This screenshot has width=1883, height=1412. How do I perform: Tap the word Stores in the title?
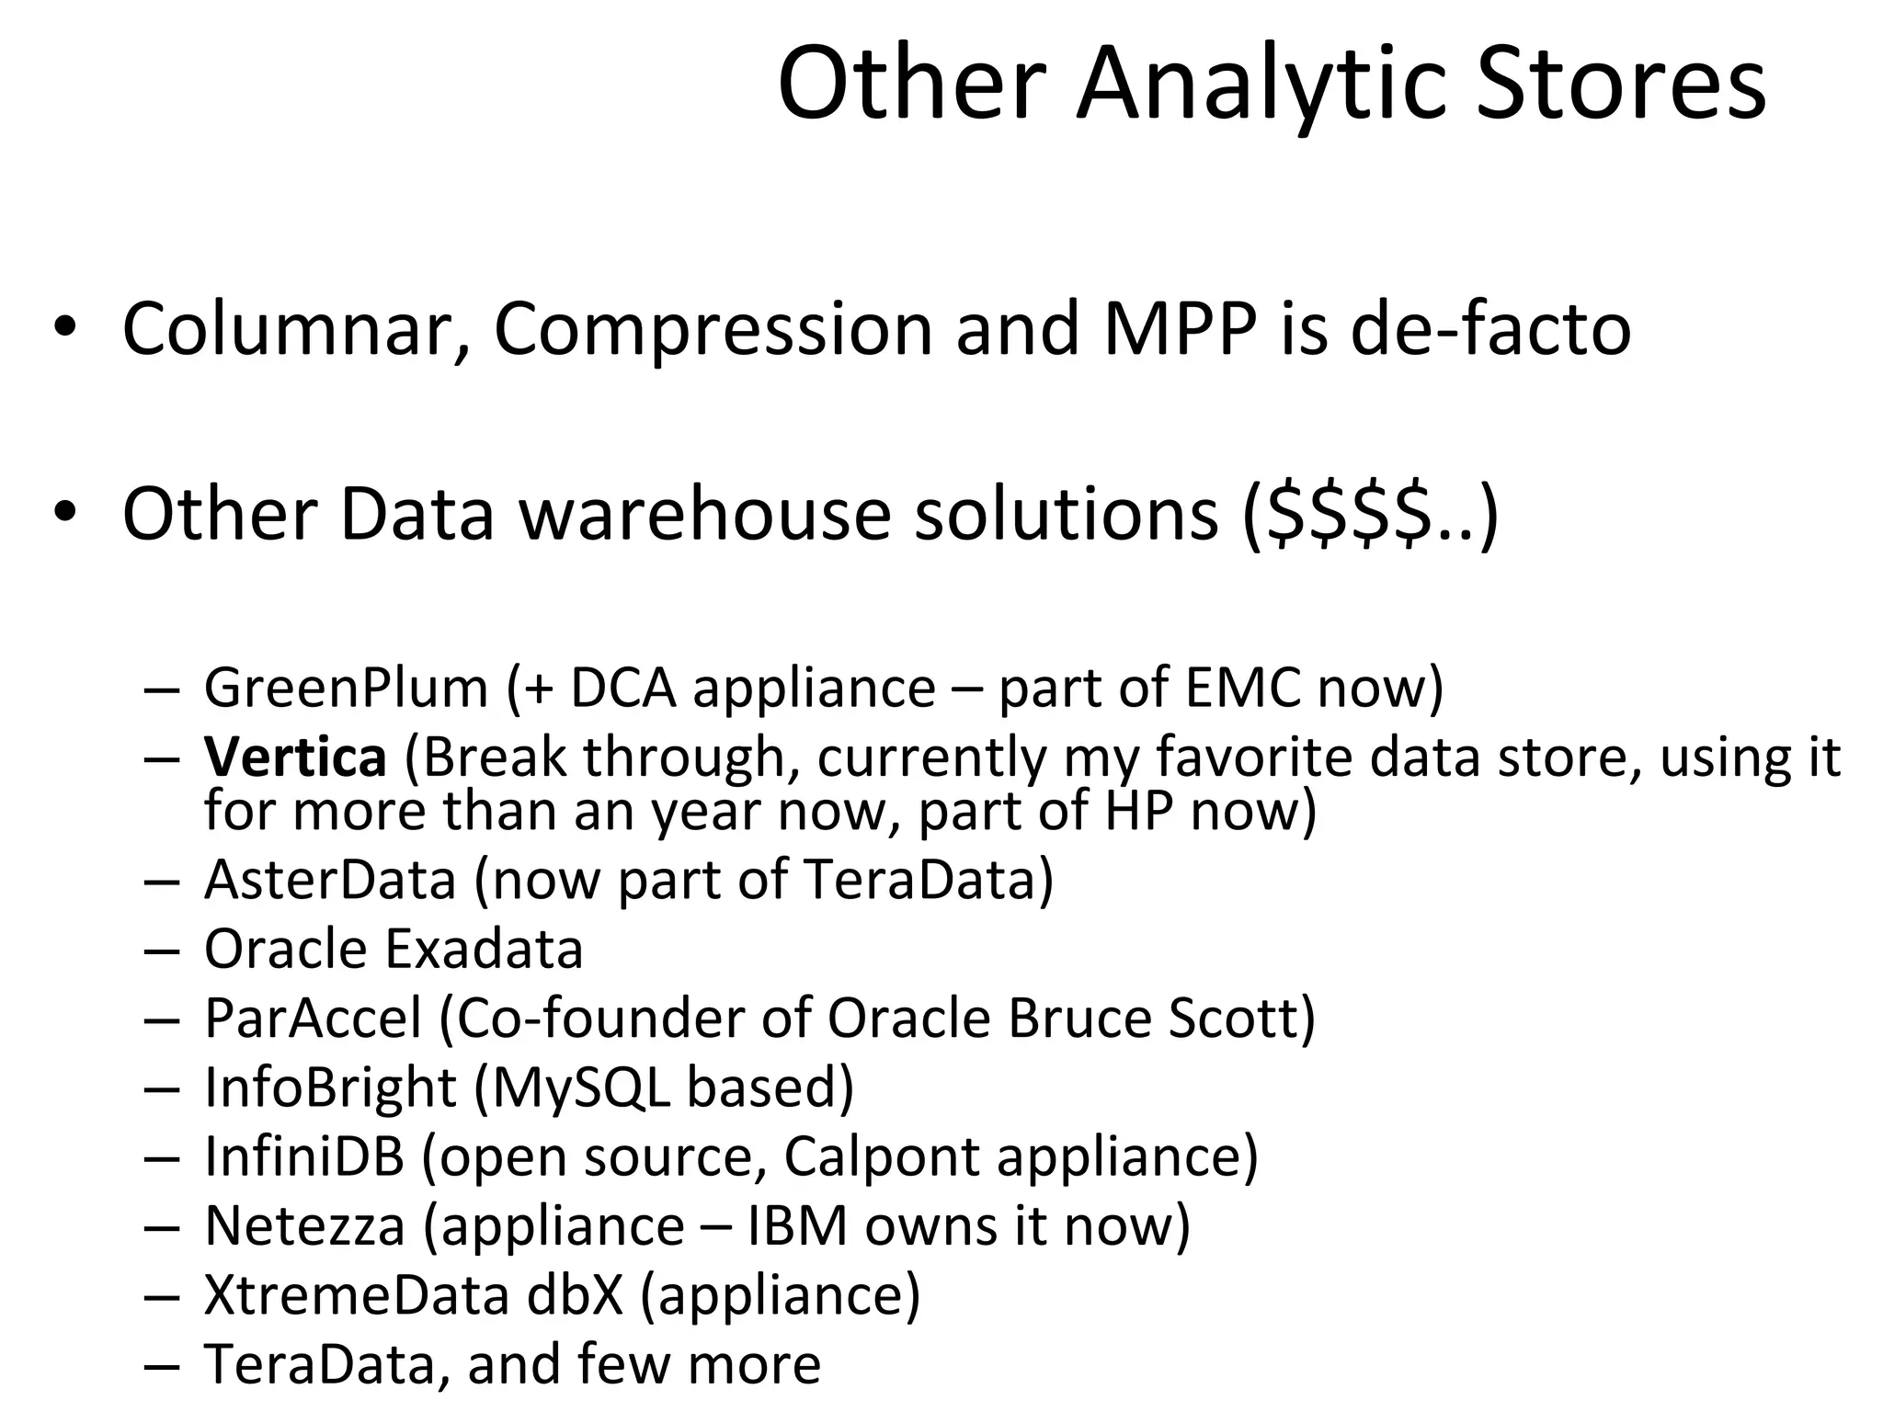pyautogui.click(x=1621, y=85)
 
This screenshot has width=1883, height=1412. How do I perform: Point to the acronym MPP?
pyautogui.click(x=1180, y=329)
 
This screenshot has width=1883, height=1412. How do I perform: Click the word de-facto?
pyautogui.click(x=1490, y=329)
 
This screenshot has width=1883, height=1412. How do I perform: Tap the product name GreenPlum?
pyautogui.click(x=346, y=688)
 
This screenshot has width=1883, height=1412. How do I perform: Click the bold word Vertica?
pyautogui.click(x=295, y=757)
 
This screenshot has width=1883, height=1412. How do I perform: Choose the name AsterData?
pyautogui.click(x=330, y=880)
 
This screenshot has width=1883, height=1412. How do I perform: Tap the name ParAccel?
pyautogui.click(x=313, y=1018)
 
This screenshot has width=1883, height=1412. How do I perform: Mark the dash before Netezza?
pyautogui.click(x=162, y=1227)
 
